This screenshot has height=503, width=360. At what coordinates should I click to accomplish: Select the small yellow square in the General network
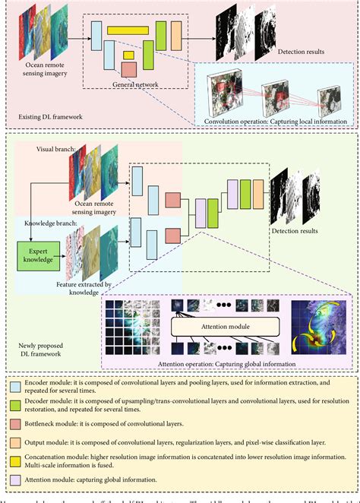pyautogui.click(x=129, y=55)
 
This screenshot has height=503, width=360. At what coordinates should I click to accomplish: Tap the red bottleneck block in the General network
pyautogui.click(x=129, y=70)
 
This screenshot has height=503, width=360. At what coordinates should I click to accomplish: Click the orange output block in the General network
pyautogui.click(x=176, y=34)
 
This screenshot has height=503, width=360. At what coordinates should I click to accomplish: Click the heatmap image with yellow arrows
pyautogui.click(x=316, y=327)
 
